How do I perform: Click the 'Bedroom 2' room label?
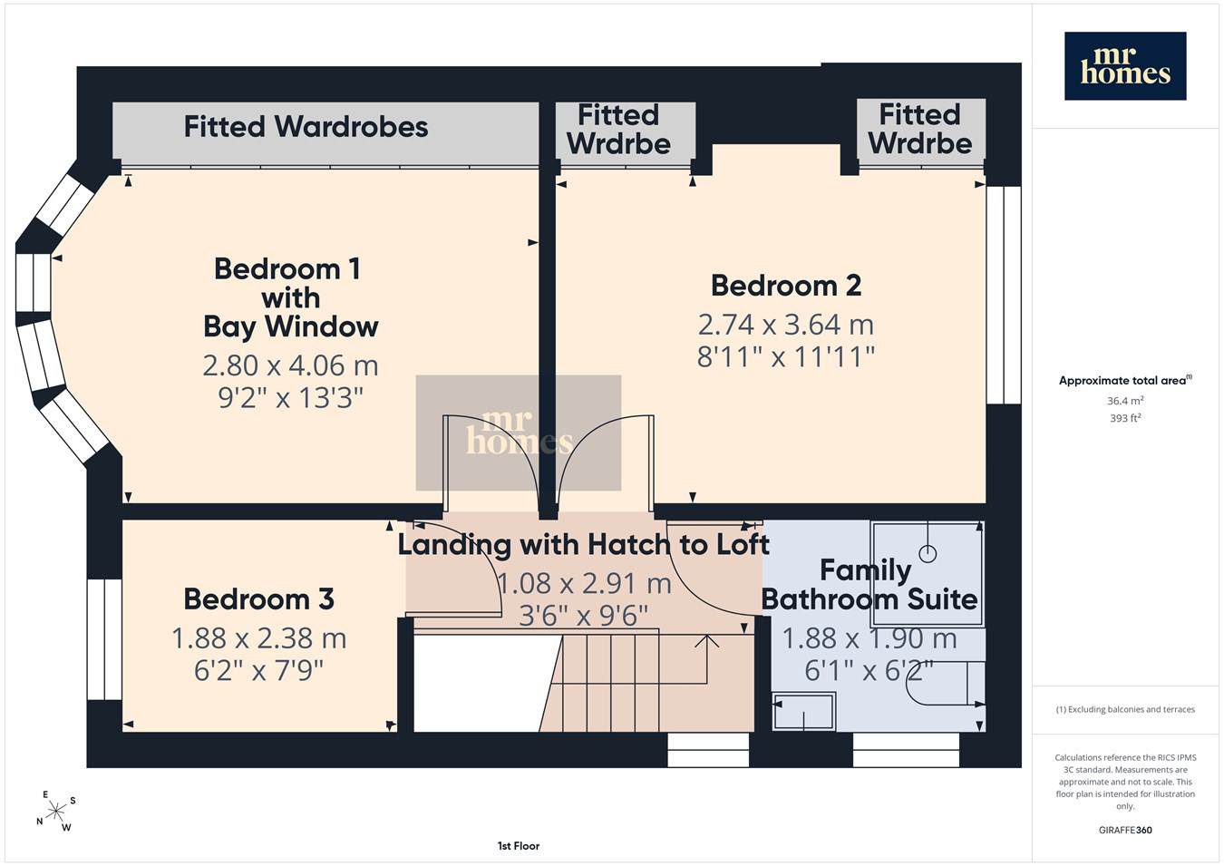coord(786,286)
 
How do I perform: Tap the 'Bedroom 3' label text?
coord(258,599)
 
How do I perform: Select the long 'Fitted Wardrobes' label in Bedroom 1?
coord(306,127)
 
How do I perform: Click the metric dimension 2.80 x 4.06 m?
coord(290,365)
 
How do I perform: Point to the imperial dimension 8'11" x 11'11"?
coord(786,357)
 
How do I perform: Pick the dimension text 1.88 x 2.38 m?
coord(259,638)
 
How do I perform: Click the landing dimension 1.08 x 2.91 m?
coord(584,583)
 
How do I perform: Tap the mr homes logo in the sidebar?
coord(1125,66)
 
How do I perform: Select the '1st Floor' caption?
coord(519,846)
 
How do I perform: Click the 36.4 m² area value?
coord(1125,401)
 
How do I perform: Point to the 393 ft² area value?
coord(1125,418)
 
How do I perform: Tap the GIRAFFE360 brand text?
coord(1125,830)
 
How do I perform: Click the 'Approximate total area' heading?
coord(1125,380)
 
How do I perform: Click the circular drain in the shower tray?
coord(928,553)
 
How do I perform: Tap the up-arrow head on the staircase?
coord(706,640)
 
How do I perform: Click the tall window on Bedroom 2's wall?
coord(1005,295)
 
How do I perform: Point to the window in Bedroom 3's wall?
coord(104,639)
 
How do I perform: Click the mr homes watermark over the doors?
coord(519,433)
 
